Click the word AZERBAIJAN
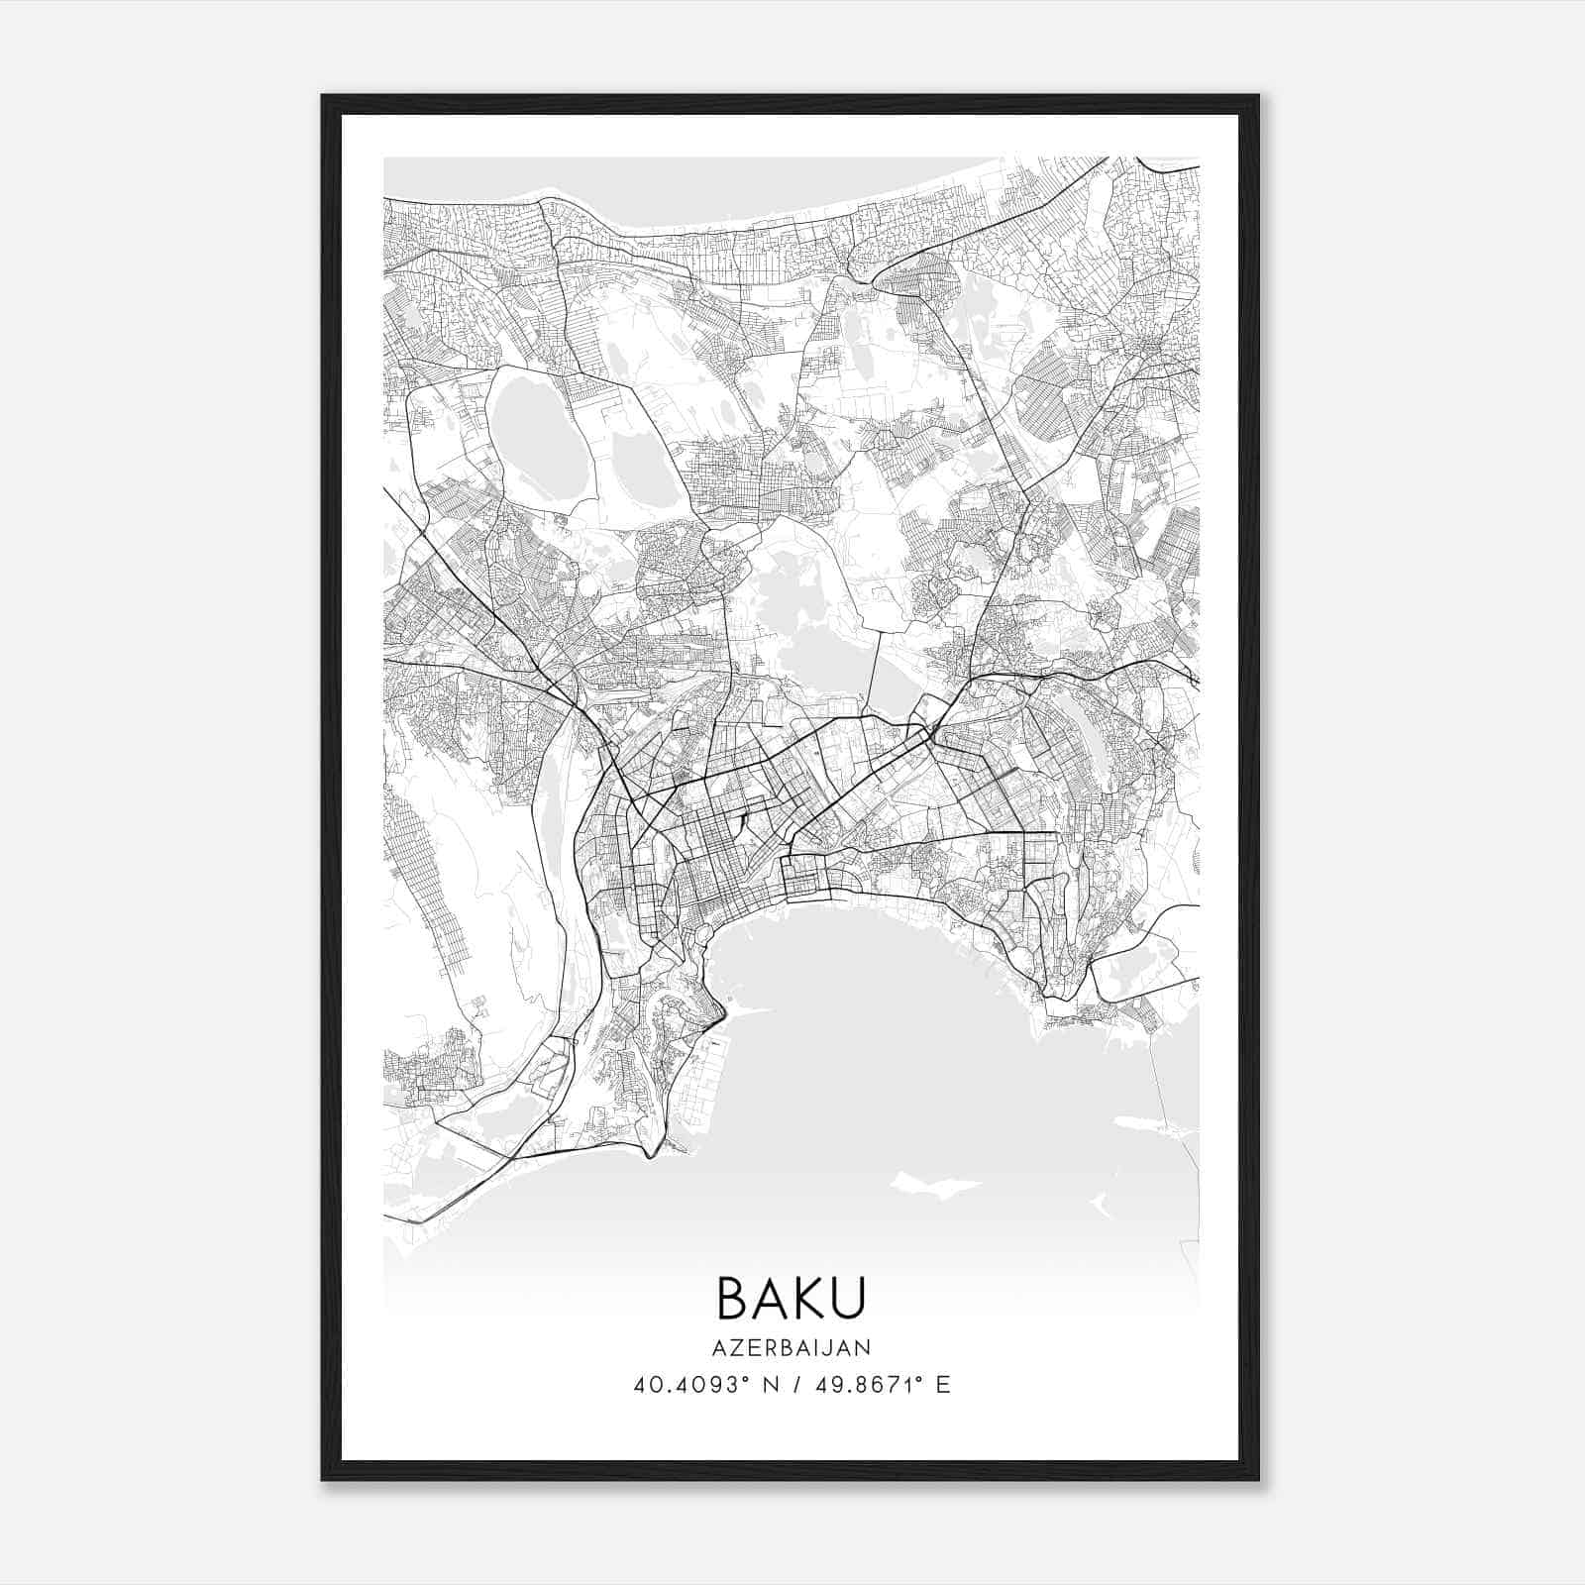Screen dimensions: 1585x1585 [x=792, y=1347]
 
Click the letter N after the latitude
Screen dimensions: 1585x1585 [x=766, y=1385]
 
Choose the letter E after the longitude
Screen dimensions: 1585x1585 [x=943, y=1385]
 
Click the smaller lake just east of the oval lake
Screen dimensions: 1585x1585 [x=642, y=466]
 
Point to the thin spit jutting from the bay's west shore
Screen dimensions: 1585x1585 [x=748, y=1011]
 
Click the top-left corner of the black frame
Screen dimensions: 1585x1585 [x=323, y=97]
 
